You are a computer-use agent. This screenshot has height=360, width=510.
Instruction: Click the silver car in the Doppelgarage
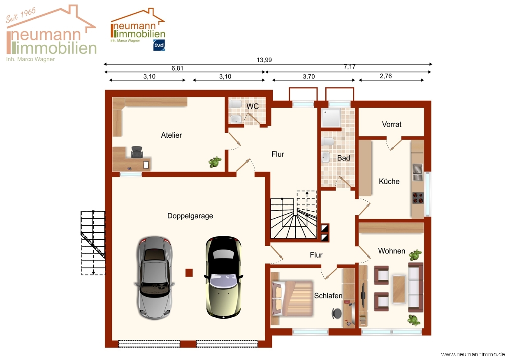[x=154, y=278]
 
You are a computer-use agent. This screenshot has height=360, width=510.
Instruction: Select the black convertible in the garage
[x=223, y=277]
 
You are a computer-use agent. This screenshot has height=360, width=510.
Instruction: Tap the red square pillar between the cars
[x=189, y=272]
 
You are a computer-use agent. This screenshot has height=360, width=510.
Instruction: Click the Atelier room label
[x=171, y=135]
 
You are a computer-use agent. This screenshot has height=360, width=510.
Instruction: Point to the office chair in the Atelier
[x=137, y=152]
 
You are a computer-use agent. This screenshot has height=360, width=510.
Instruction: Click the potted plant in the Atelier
[x=215, y=162]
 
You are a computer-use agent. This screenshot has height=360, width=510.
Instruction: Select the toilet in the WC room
[x=235, y=104]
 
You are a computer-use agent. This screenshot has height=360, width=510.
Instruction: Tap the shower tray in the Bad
[x=331, y=118]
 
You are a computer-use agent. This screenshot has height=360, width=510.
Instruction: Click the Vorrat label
[x=392, y=124]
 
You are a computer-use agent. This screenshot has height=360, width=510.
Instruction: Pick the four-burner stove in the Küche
[x=418, y=198]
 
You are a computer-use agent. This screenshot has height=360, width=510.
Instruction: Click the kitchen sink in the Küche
[x=417, y=172]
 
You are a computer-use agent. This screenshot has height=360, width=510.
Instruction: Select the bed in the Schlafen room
[x=292, y=298]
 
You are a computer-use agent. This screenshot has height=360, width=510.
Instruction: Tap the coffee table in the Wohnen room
[x=399, y=289]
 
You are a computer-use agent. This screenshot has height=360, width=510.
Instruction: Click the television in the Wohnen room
[x=363, y=295]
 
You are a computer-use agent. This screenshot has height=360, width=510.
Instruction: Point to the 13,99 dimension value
[x=264, y=60]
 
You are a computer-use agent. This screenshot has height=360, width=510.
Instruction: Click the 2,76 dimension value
[x=386, y=76]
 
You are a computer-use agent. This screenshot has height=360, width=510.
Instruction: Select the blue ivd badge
[x=159, y=45]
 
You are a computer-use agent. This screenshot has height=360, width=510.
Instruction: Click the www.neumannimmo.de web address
[x=473, y=354]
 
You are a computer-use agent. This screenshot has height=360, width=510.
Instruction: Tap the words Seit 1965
[x=21, y=15]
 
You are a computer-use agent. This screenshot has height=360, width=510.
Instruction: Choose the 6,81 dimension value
[x=177, y=68]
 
